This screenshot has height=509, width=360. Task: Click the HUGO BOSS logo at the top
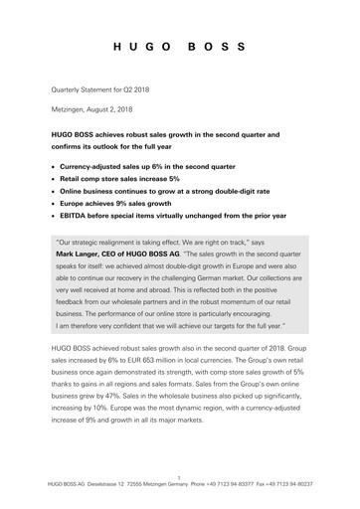pos(180,47)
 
